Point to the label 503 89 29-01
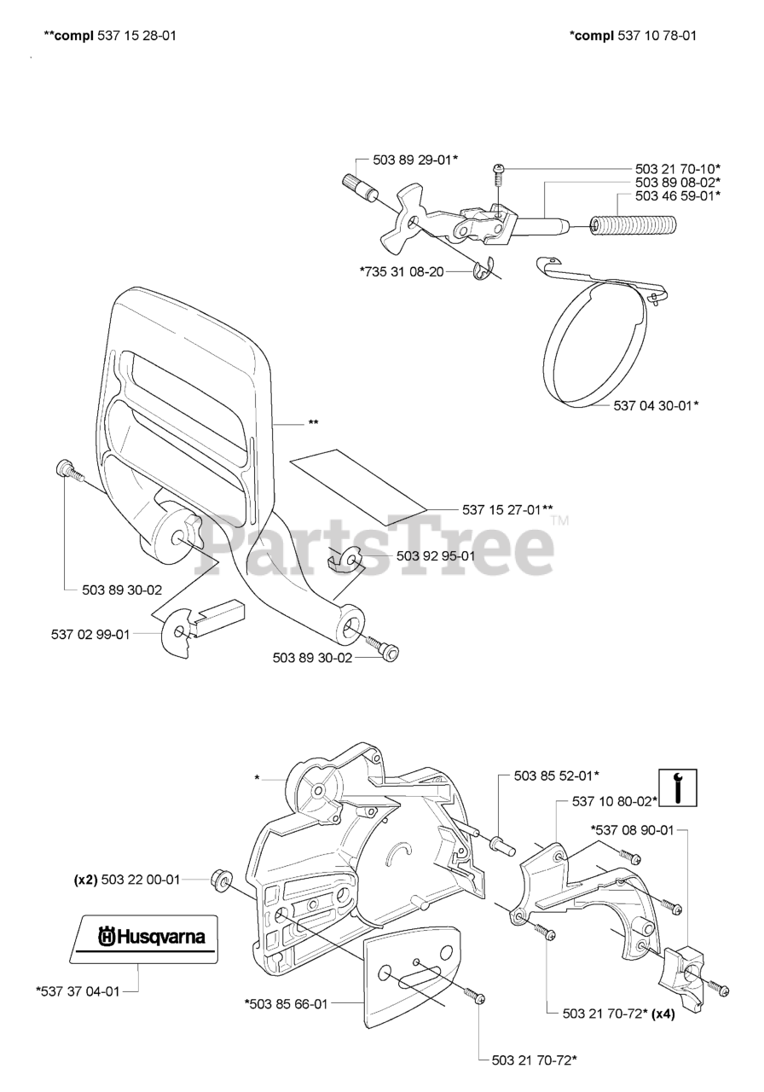(415, 160)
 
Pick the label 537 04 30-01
(657, 405)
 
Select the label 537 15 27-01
(507, 510)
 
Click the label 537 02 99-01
(90, 634)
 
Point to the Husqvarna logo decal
(145, 937)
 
